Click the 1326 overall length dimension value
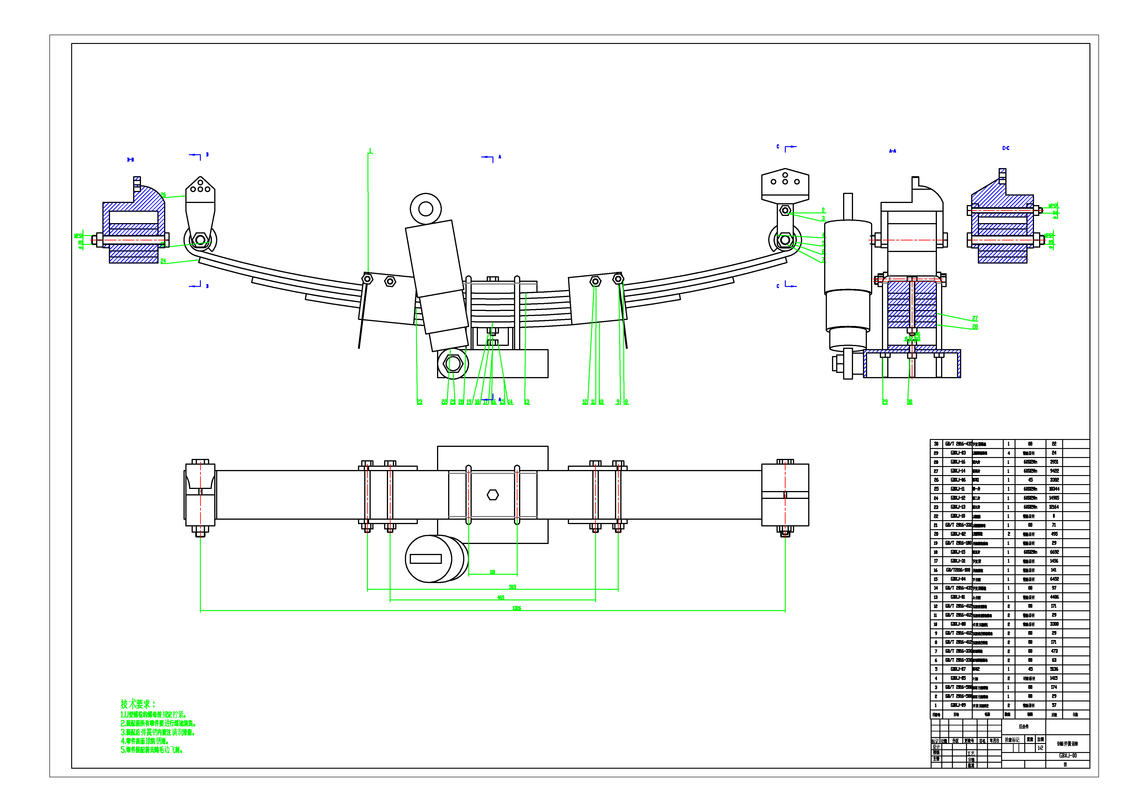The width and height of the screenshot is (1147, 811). point(517,608)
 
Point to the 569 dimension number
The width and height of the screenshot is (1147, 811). point(513,587)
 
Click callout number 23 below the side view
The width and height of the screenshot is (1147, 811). point(420,402)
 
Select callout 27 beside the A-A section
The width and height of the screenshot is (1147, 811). point(975,318)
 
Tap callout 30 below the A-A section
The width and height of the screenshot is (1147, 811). point(910,402)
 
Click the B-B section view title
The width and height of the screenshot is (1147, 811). point(130,160)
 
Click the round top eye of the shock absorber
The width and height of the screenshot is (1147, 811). point(426,209)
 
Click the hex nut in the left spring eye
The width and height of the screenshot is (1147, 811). point(200,240)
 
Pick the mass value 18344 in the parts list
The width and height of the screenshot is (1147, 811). point(1054,489)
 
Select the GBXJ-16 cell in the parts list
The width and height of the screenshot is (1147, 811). point(958,462)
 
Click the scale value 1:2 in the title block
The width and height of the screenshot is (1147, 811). point(1041,748)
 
